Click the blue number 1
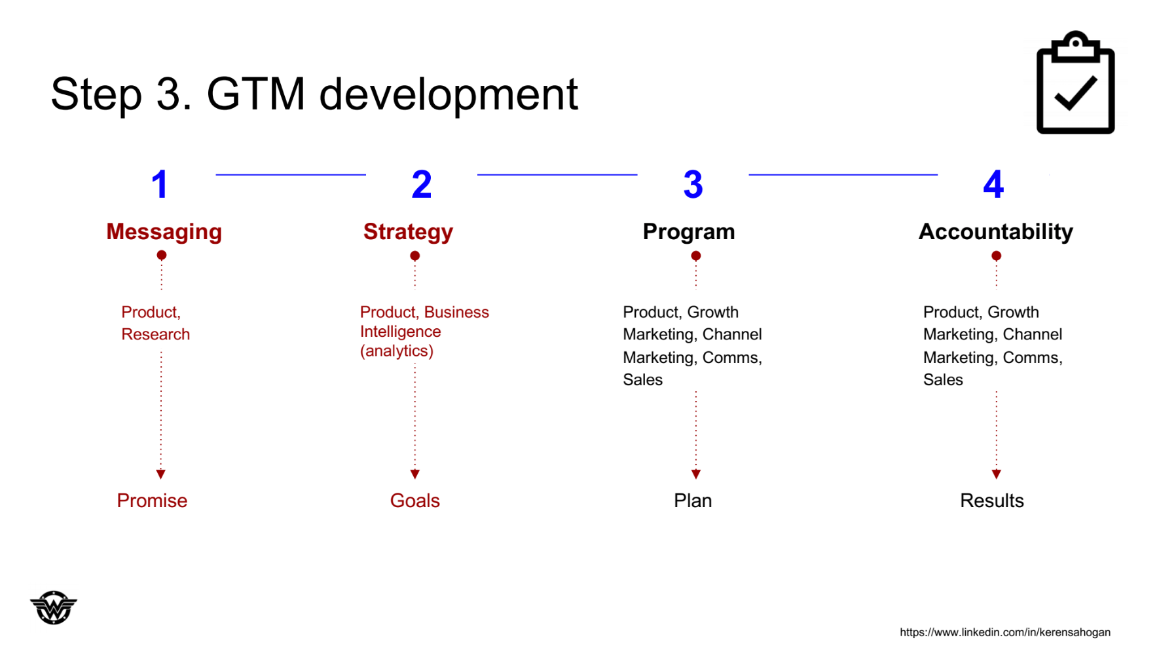pos(160,184)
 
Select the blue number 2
pos(422,184)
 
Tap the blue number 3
pos(693,184)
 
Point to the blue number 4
pos(993,184)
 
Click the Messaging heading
pos(164,232)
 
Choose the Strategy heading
pos(408,232)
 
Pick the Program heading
pos(689,232)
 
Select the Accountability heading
pos(995,232)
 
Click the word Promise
pos(152,501)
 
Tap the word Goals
pos(415,501)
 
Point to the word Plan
pos(693,501)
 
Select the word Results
pos(992,501)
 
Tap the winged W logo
pos(54,607)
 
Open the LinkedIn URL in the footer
pos(1005,632)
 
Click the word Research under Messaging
pos(156,334)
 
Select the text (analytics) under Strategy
pos(397,351)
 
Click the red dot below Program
pos(696,256)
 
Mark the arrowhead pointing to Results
pos(996,474)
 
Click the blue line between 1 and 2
pos(291,174)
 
